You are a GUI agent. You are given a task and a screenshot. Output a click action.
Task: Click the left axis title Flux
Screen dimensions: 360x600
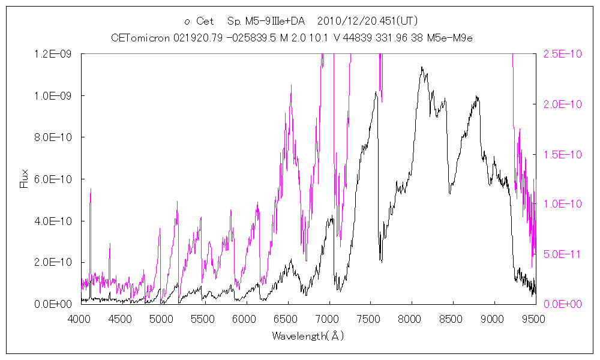[x=24, y=179]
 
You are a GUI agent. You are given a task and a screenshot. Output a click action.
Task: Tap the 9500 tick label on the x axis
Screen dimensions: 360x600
[x=535, y=318]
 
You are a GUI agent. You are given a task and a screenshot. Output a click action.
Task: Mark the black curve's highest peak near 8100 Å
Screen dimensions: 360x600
[x=422, y=67]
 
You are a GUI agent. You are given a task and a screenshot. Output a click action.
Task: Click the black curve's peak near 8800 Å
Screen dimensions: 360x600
[x=477, y=96]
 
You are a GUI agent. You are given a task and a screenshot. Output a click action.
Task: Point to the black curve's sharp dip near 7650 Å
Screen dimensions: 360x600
[x=381, y=261]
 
